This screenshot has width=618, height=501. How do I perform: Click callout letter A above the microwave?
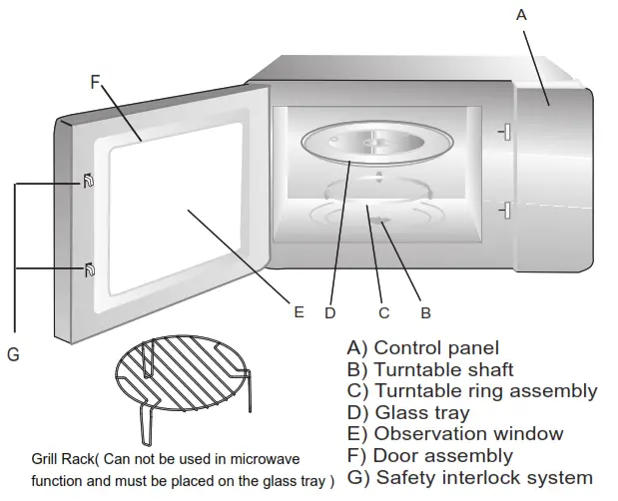(519, 14)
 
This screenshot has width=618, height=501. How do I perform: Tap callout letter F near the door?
(96, 83)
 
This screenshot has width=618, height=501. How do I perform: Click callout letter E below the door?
(298, 312)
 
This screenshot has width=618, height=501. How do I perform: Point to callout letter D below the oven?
(330, 312)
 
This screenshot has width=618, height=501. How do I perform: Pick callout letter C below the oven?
(383, 312)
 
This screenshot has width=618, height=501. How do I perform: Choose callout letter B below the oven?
(425, 312)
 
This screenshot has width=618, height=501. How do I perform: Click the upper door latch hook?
(90, 181)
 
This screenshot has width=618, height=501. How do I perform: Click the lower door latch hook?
(90, 268)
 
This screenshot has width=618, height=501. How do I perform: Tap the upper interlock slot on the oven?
(505, 131)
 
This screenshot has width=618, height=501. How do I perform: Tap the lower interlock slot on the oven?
(505, 210)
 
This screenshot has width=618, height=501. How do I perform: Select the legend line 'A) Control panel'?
(422, 348)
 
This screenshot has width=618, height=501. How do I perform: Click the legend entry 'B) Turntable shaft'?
(430, 369)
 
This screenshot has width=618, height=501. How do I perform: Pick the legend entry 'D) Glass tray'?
(408, 412)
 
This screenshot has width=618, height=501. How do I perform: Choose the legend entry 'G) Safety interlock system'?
(469, 478)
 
